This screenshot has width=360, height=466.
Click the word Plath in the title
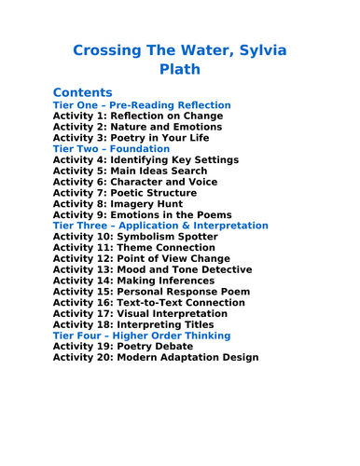point(180,69)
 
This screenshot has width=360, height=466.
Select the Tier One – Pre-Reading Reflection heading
point(142,105)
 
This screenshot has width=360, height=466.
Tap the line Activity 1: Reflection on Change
point(137,116)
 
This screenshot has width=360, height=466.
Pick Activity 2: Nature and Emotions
point(137,127)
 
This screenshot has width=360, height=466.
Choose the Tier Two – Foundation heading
point(111,148)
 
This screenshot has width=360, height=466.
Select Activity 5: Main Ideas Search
point(132,171)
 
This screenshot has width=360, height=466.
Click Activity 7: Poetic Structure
point(127,193)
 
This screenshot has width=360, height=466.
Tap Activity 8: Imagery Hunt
point(119,204)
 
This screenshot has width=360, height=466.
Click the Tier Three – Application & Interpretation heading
point(160,226)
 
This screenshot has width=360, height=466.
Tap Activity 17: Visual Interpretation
point(142,313)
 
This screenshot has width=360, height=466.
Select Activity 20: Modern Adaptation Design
point(156,357)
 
